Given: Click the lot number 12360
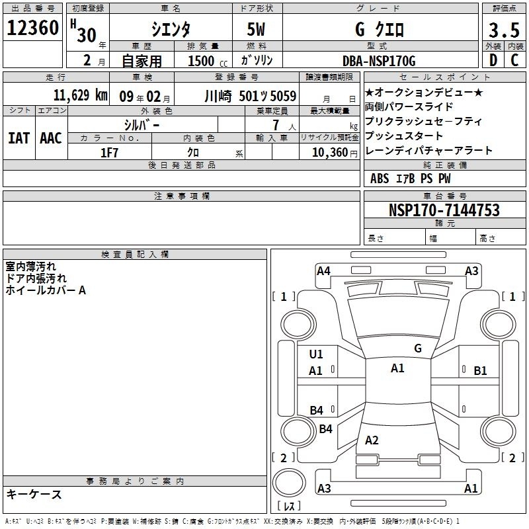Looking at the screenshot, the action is (x=32, y=28).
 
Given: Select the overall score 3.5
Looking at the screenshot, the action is (x=504, y=30).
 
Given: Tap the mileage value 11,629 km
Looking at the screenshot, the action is (x=81, y=95).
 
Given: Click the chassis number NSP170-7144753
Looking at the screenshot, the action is (x=444, y=210).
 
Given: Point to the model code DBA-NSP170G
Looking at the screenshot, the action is (x=379, y=61).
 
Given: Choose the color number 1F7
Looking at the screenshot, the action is (x=109, y=153).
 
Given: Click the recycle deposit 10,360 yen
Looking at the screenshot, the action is (x=335, y=153).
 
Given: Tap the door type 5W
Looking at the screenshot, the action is (x=256, y=29).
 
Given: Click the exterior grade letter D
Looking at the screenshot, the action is (x=493, y=60).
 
